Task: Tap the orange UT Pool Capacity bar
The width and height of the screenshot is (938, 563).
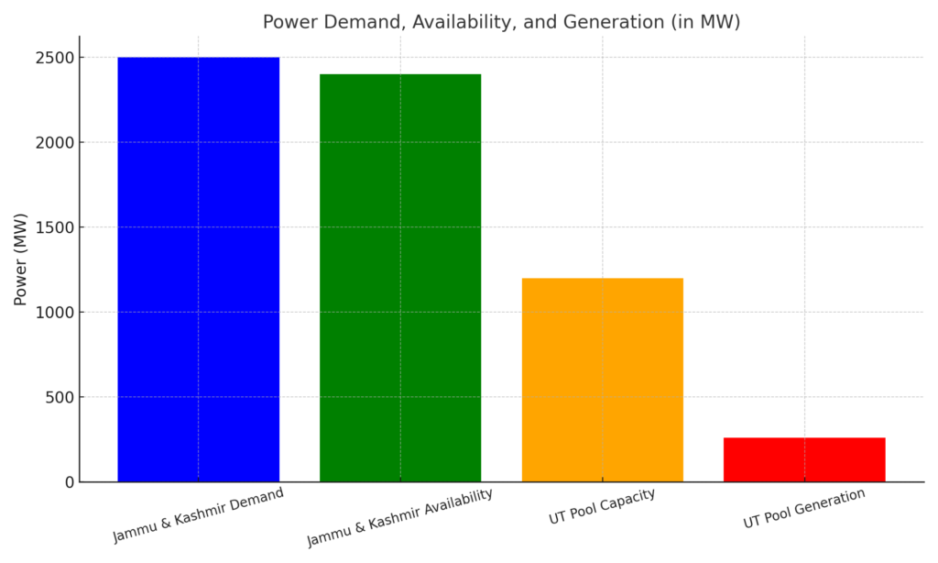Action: pyautogui.click(x=602, y=380)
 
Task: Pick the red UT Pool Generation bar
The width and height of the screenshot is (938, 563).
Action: pyautogui.click(x=804, y=459)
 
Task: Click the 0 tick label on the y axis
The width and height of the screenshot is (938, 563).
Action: pyautogui.click(x=68, y=482)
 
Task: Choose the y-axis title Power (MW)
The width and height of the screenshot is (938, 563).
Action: pyautogui.click(x=20, y=259)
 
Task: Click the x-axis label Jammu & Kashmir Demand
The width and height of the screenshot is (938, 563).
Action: pyautogui.click(x=198, y=514)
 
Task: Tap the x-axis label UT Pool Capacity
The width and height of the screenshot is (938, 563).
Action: pyautogui.click(x=602, y=507)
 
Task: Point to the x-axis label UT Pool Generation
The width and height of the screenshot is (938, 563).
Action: pyautogui.click(x=804, y=508)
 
